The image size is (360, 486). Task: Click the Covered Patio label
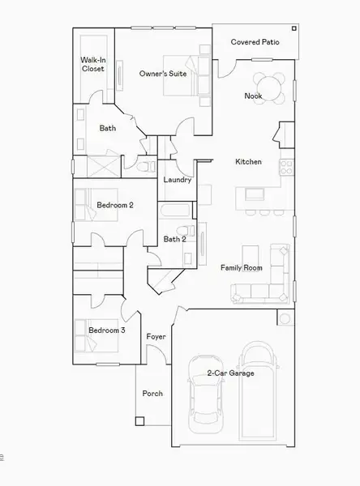(x=255, y=41)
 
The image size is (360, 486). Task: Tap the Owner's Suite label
(x=163, y=74)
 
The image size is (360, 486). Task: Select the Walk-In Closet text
(x=92, y=64)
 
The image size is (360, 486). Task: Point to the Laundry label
(x=177, y=180)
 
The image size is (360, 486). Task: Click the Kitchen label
(x=248, y=162)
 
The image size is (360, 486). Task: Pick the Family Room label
(x=242, y=267)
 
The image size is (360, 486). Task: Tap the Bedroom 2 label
(x=115, y=206)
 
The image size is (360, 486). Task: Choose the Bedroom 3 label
(x=107, y=330)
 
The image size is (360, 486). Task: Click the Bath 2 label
(x=175, y=239)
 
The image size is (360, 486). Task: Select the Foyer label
(x=156, y=336)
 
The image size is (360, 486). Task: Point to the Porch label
(x=152, y=394)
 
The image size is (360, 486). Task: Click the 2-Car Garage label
(x=230, y=373)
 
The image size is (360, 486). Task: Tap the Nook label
(x=254, y=96)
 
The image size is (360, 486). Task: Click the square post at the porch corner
(x=139, y=421)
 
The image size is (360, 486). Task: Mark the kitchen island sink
(x=255, y=194)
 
